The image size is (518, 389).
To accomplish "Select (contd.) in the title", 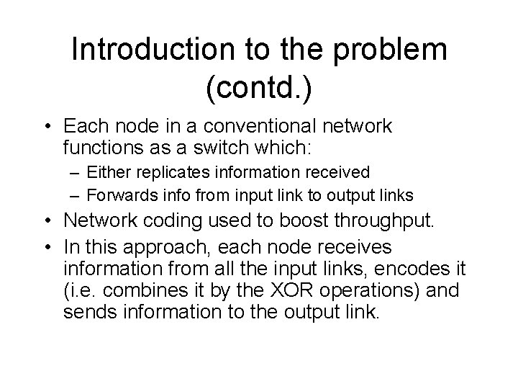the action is pyautogui.click(x=259, y=90).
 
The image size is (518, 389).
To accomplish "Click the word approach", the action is pyautogui.click(x=171, y=248).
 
